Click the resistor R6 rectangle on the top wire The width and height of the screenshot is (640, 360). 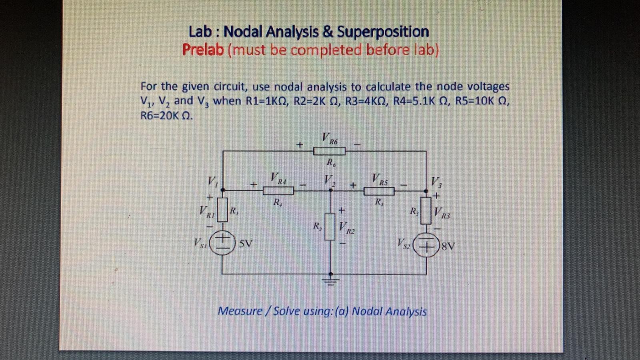click(x=329, y=151)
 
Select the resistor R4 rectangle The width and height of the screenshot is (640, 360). click(x=278, y=190)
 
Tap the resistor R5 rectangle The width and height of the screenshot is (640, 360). click(x=379, y=192)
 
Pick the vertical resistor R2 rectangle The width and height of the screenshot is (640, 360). click(x=330, y=226)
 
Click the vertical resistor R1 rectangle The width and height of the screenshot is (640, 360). click(x=222, y=210)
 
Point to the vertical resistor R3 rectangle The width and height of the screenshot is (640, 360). click(x=426, y=210)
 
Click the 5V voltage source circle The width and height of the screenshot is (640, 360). click(x=222, y=243)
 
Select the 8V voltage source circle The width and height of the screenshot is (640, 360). click(x=426, y=245)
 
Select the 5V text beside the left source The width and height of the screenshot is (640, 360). click(x=246, y=244)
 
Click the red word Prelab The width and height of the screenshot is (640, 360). click(x=203, y=50)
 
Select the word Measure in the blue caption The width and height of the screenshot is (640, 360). click(x=240, y=311)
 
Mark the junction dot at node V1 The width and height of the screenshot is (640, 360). click(x=223, y=190)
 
